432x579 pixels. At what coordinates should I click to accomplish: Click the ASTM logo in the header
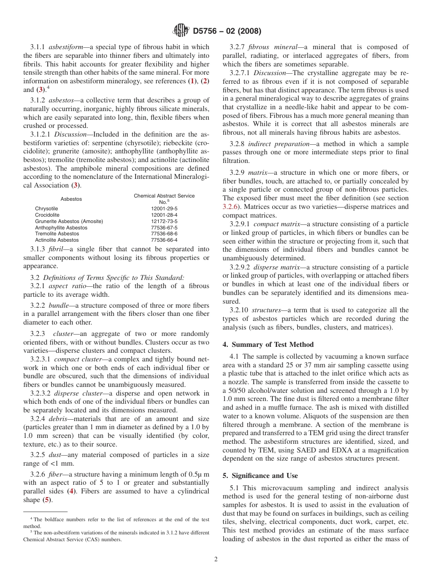pyautogui.click(x=181, y=31)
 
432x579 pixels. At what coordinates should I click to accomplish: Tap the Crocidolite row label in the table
pyautogui.click(x=47, y=215)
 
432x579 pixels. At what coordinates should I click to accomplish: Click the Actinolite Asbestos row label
pyautogui.click(x=57, y=240)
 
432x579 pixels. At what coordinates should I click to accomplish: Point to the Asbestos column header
pyautogui.click(x=71, y=199)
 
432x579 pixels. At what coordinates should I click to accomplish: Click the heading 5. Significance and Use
pyautogui.click(x=260, y=476)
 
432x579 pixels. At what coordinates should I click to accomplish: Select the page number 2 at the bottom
pyautogui.click(x=216, y=559)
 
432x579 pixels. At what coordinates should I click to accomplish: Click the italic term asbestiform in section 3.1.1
pyautogui.click(x=65, y=47)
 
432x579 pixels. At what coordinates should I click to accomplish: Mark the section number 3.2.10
pyautogui.click(x=239, y=310)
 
